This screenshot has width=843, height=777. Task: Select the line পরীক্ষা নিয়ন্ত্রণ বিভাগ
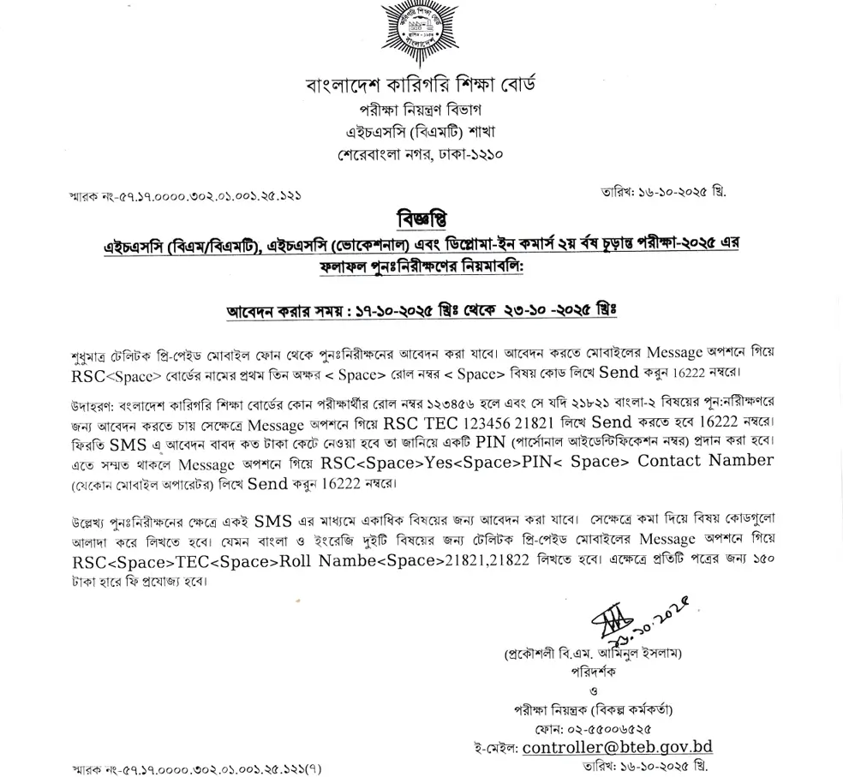(420, 111)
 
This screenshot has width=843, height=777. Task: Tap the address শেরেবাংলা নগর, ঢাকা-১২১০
(420, 155)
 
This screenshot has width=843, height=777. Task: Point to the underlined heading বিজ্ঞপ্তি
(421, 219)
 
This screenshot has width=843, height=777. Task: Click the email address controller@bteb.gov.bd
(617, 748)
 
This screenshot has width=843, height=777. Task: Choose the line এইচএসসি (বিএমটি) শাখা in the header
(420, 133)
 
